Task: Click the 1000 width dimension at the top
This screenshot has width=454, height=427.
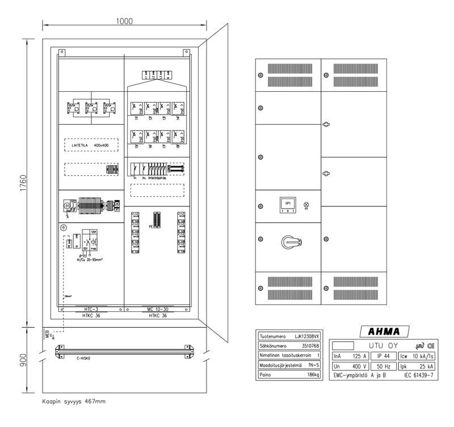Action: pos(124,22)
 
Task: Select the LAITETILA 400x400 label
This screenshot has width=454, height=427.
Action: pos(94,145)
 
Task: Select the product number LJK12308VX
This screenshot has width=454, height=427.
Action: pos(307,336)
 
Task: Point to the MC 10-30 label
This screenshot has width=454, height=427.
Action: pos(158,309)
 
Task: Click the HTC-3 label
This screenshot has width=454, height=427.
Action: pos(91,309)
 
